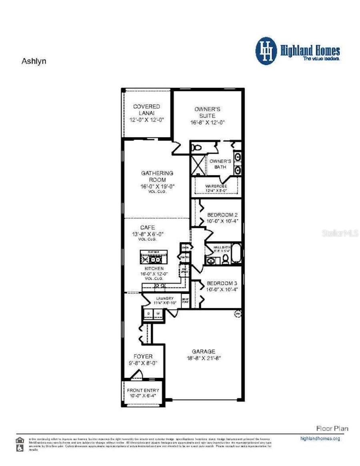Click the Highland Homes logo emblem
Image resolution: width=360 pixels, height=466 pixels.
tap(266, 51)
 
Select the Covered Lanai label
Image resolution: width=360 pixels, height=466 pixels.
tap(146, 110)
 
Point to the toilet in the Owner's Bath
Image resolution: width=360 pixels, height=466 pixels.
tap(196, 148)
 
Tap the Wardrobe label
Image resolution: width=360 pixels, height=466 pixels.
tap(216, 187)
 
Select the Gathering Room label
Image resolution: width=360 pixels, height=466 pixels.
tap(157, 177)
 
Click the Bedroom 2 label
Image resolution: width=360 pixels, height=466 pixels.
tap(222, 215)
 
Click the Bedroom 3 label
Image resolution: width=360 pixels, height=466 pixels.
tap(222, 283)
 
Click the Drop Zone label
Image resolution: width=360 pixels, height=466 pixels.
tap(185, 300)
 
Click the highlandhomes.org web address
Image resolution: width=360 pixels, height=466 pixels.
tap(320, 439)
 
